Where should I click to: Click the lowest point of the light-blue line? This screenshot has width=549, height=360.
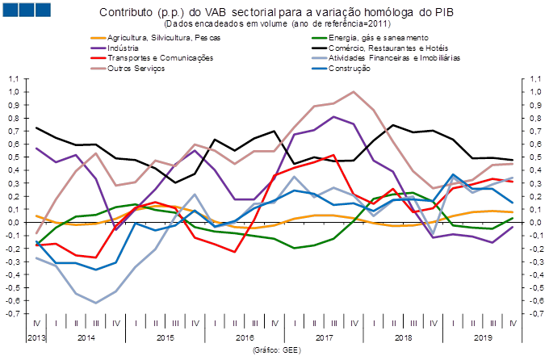point(96,303)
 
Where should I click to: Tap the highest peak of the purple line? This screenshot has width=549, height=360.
point(333,117)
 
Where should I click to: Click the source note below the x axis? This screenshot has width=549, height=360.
point(277,350)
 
